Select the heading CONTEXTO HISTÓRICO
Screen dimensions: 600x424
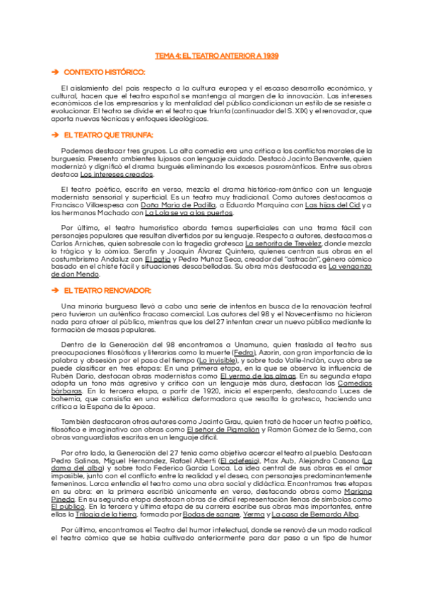pos(104,73)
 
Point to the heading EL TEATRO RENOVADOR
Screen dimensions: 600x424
pos(107,291)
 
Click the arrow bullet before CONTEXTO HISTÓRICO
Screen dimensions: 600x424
pos(54,73)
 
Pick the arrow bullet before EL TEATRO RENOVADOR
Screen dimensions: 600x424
pos(54,291)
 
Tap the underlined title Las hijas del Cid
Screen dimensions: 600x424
pos(332,205)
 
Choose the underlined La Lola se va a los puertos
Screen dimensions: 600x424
pos(188,213)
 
